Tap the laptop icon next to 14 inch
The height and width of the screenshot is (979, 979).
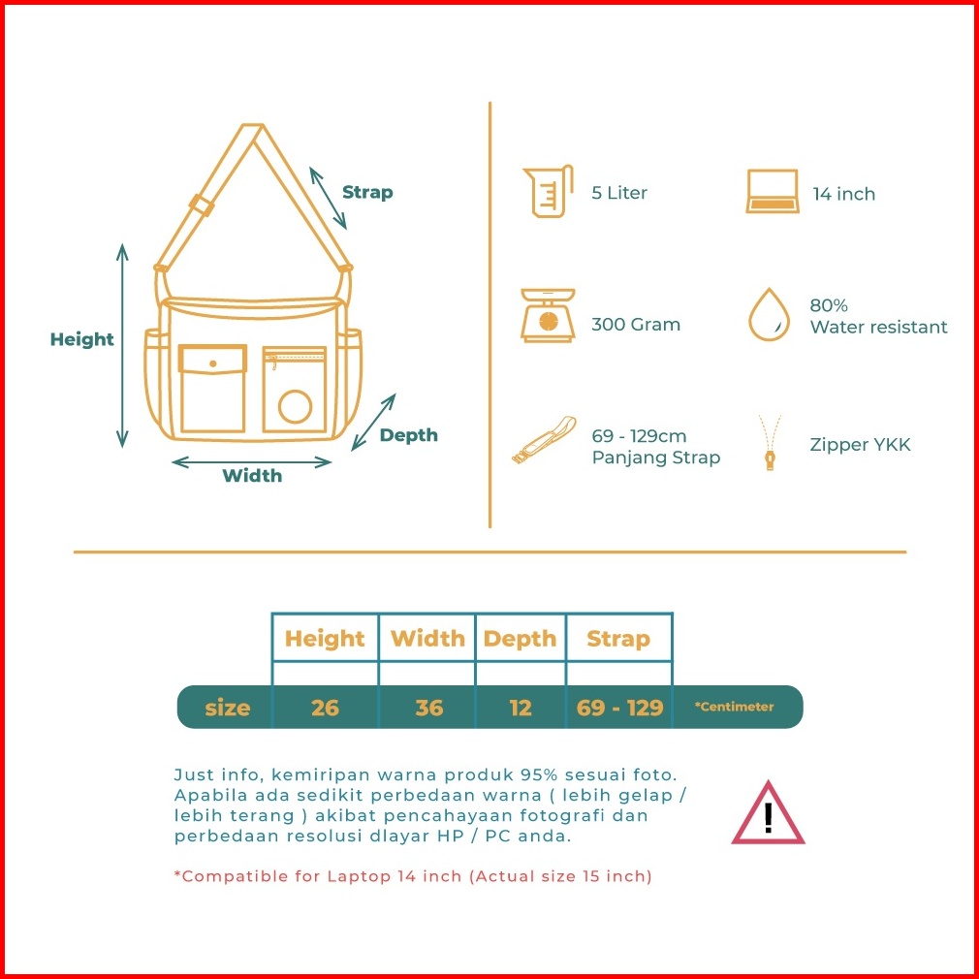pos(773,192)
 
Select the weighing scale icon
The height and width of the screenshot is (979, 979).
pos(548,316)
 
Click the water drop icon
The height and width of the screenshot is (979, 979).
pos(769,314)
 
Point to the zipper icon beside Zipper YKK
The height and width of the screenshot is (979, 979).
pos(770,444)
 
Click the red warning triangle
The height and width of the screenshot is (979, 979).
pos(768,814)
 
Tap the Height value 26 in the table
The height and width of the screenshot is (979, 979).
pos(325,708)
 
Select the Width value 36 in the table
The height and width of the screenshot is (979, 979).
pos(428,708)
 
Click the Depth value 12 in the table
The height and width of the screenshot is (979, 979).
pos(521,708)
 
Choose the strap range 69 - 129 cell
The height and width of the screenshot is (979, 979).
pos(619,708)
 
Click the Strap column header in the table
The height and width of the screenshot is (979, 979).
pos(618,639)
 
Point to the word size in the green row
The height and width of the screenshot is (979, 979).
pos(228,708)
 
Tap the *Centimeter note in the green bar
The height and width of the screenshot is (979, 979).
pos(734,707)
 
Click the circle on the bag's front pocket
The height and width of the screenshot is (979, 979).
pos(295,406)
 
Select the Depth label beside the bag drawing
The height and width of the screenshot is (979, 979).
pos(408,435)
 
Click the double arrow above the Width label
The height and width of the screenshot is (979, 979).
pos(252,462)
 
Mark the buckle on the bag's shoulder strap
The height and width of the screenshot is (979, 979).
pos(202,205)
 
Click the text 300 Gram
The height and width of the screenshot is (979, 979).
pos(636,325)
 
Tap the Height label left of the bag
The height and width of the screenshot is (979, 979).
pos(82,339)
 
